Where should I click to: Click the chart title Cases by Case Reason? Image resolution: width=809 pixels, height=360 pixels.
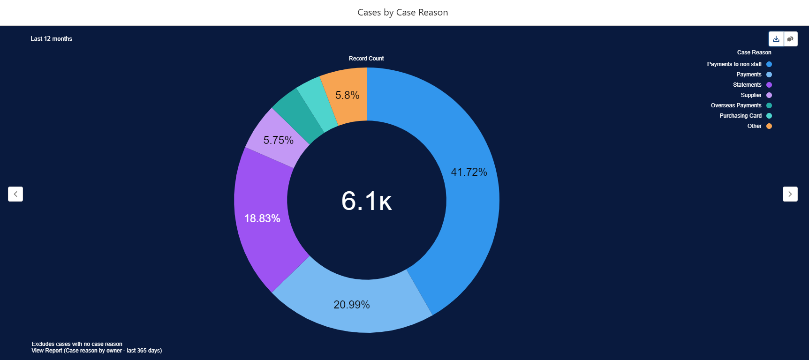tap(402, 13)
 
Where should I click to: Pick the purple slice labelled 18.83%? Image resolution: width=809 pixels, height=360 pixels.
tap(263, 218)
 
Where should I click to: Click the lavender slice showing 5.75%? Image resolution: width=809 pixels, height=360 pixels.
tap(278, 140)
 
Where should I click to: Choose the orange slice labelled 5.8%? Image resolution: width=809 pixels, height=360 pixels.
tap(348, 95)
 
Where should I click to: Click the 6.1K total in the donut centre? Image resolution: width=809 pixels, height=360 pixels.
tap(366, 201)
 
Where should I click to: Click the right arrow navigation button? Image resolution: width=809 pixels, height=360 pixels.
tap(790, 194)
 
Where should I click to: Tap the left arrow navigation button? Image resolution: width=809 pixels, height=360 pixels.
tap(15, 194)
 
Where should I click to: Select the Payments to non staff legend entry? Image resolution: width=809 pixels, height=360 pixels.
tap(734, 64)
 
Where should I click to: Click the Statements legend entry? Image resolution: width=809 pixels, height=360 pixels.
tap(747, 85)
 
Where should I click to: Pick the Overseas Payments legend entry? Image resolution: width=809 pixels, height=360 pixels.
tap(736, 105)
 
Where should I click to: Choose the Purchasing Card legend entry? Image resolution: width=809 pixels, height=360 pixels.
tap(741, 116)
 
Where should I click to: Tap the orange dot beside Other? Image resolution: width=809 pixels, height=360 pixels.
tap(769, 126)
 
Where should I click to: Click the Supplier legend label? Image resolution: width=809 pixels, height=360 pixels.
tap(751, 95)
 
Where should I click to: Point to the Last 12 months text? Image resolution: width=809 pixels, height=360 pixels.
tap(52, 39)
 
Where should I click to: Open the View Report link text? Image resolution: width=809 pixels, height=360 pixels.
tap(97, 351)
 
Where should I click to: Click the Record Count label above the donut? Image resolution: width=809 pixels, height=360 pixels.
tap(366, 59)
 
